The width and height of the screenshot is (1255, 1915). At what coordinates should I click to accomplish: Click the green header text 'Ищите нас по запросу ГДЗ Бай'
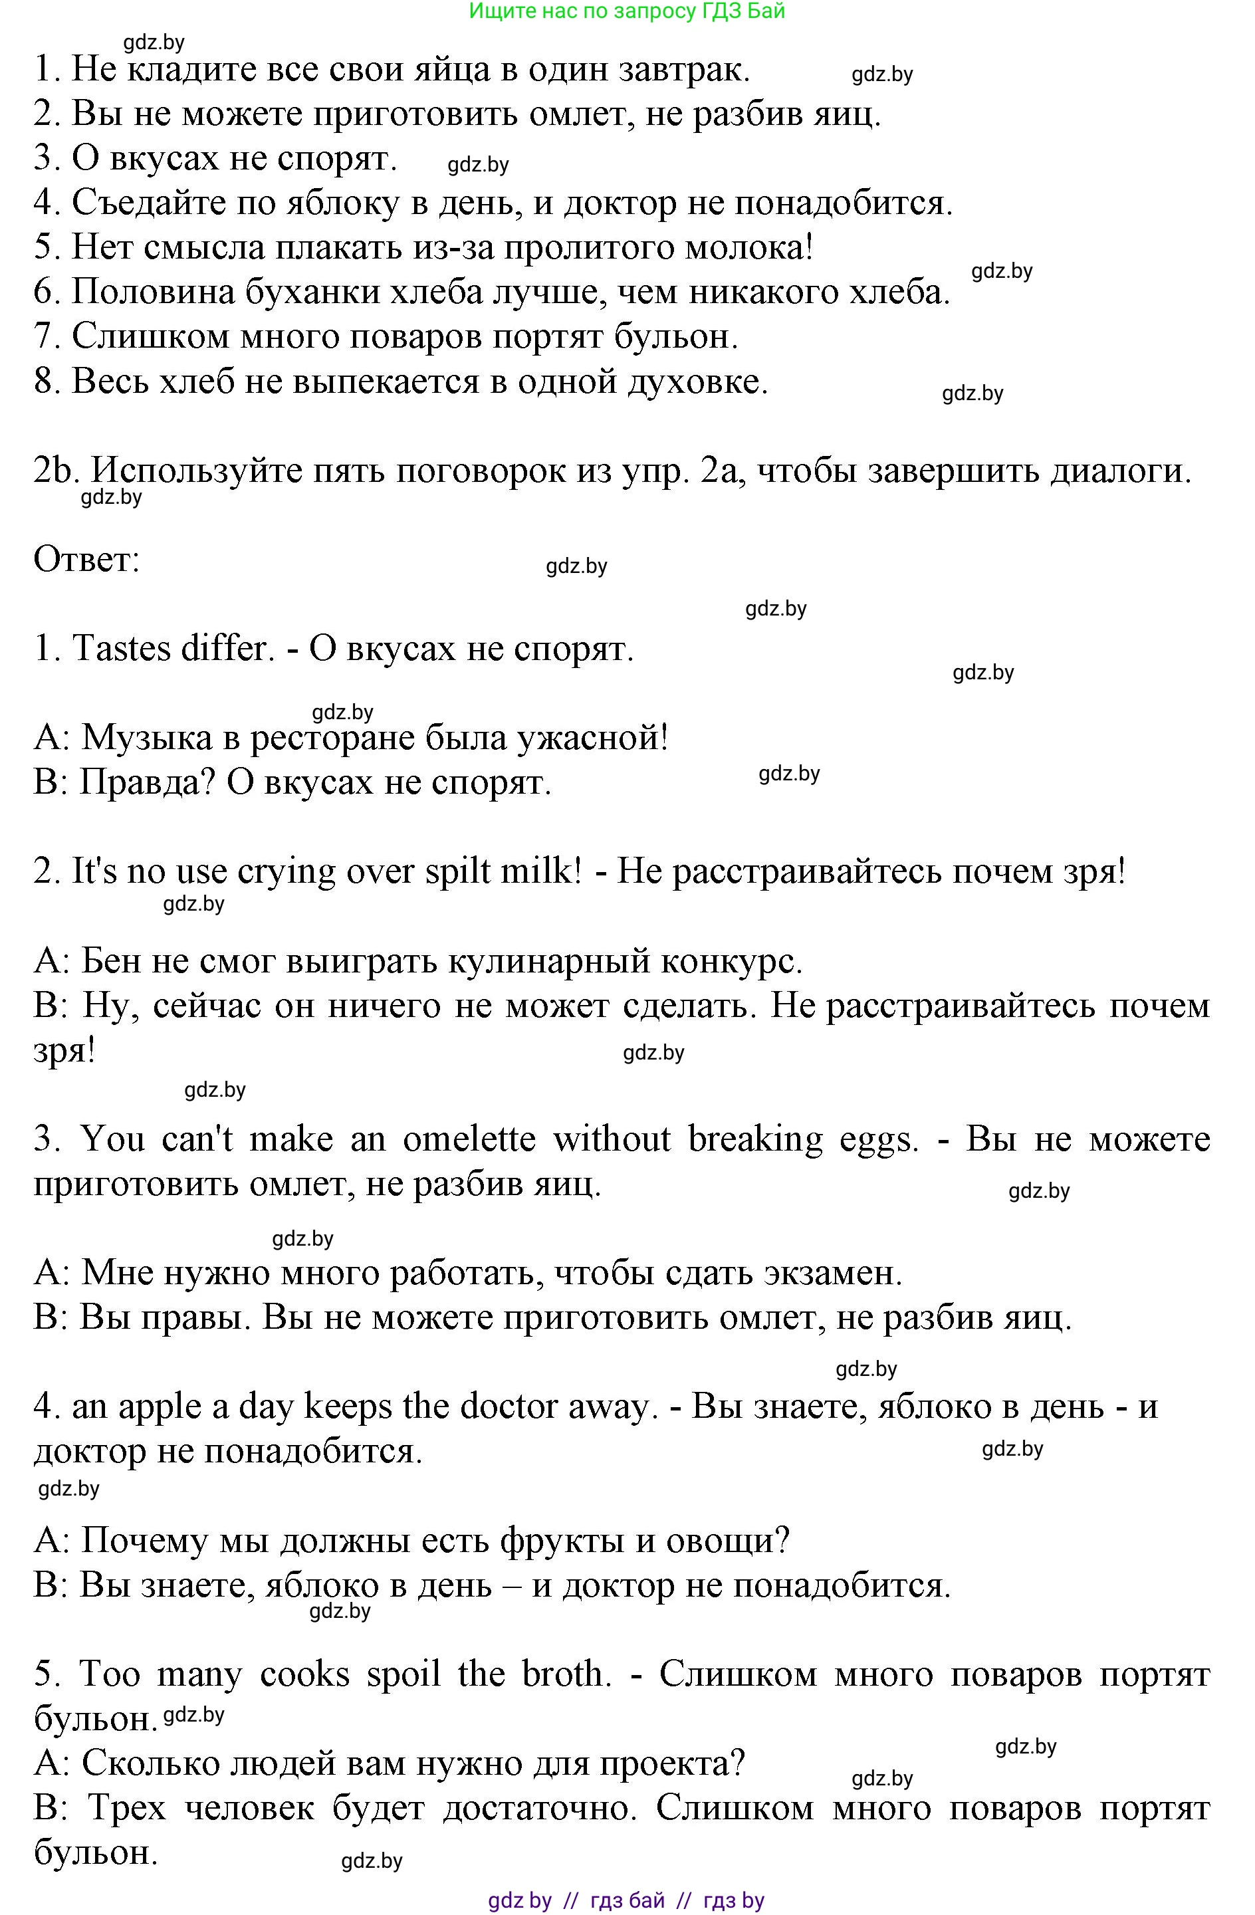627,11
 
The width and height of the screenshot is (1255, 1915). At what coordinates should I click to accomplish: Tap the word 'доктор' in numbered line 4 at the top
620,203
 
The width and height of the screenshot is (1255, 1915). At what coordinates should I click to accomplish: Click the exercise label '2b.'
55,470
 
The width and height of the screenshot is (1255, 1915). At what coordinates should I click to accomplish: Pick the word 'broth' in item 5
561,1674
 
